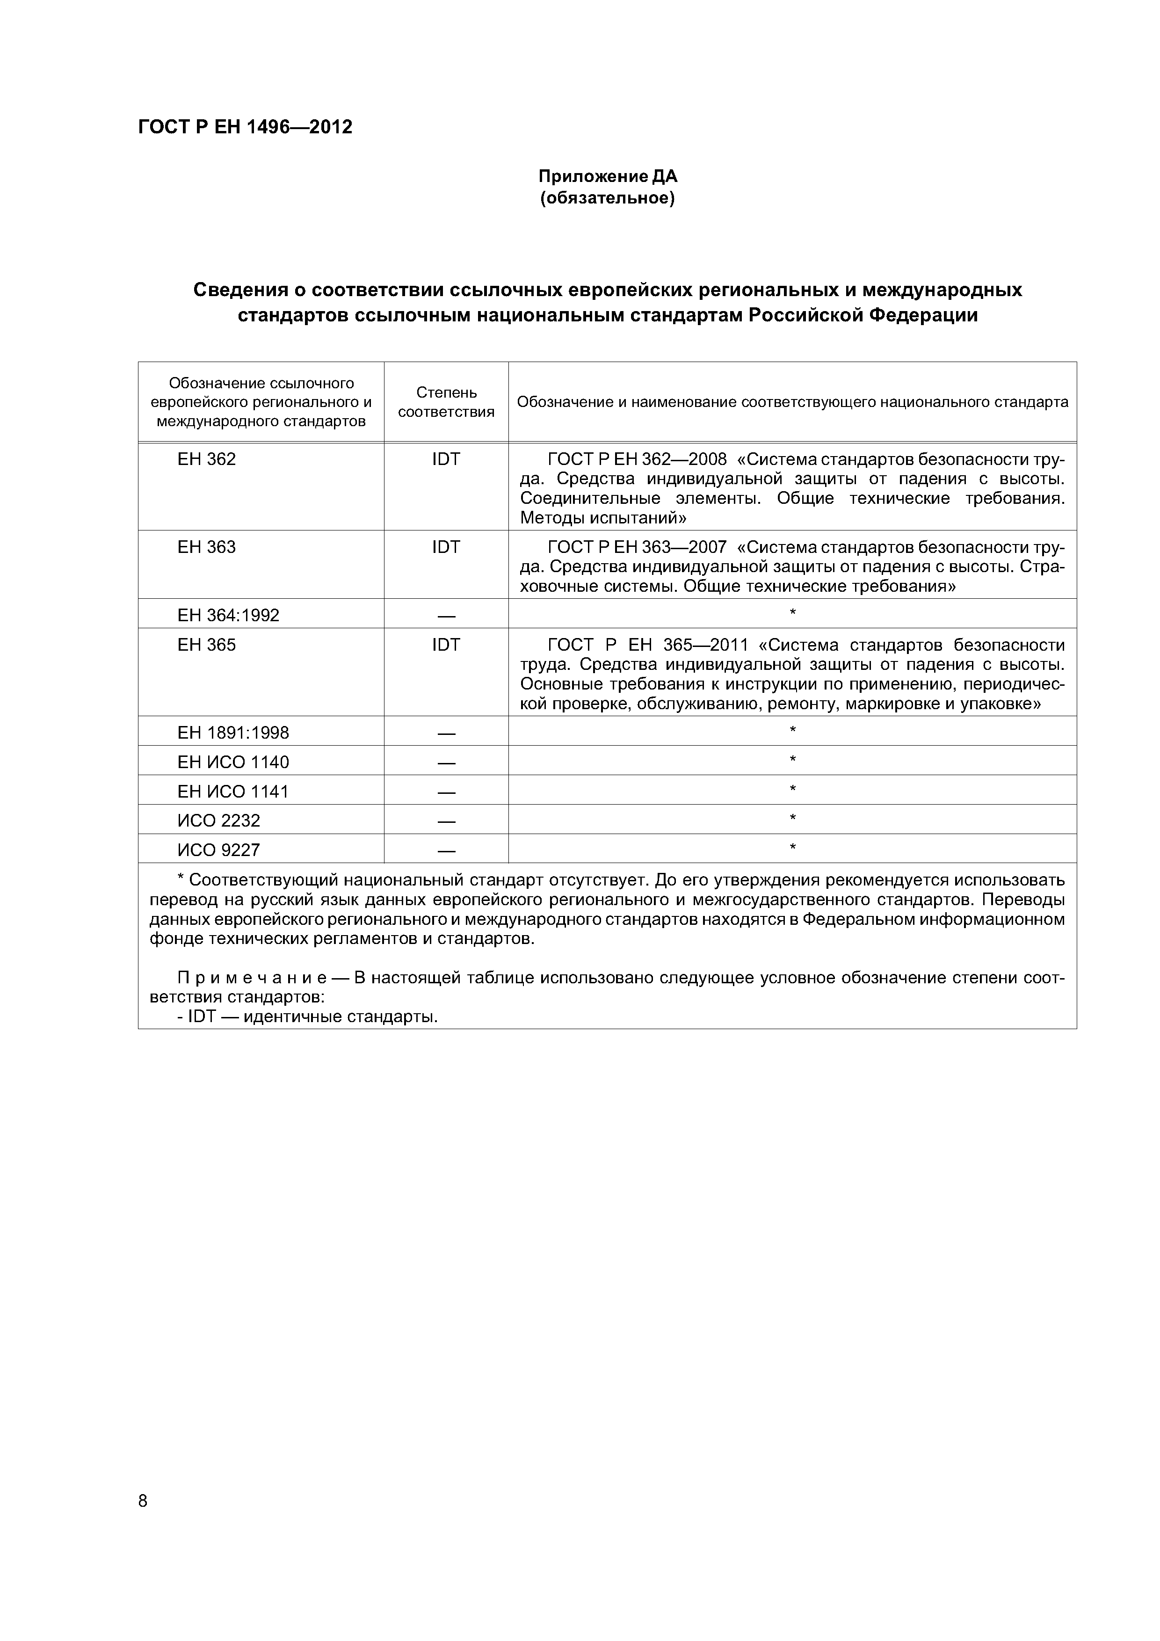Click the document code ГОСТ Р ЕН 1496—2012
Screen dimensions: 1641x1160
(x=245, y=127)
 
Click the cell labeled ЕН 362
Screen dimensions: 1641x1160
(x=207, y=459)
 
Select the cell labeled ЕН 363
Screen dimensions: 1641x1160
(x=207, y=547)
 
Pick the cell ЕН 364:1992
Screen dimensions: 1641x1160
(x=228, y=616)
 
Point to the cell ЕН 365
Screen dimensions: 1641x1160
(x=207, y=646)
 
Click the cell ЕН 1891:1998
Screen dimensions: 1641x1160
(x=233, y=733)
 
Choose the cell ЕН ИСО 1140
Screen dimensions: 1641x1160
(x=233, y=762)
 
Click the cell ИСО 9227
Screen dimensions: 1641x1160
(x=219, y=850)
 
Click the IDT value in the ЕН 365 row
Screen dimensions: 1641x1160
(x=446, y=646)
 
